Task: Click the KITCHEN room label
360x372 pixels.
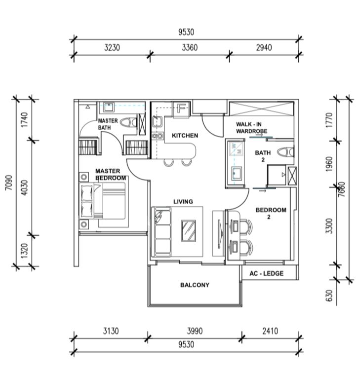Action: click(185, 135)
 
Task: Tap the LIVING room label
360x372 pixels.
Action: click(183, 201)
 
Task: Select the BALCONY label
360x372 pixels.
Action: click(195, 285)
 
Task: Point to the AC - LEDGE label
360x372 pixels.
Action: click(267, 273)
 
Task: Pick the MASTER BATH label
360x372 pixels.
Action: click(107, 124)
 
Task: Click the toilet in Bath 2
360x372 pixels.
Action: click(284, 152)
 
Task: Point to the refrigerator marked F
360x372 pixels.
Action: click(181, 109)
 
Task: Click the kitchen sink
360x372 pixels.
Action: click(159, 122)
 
